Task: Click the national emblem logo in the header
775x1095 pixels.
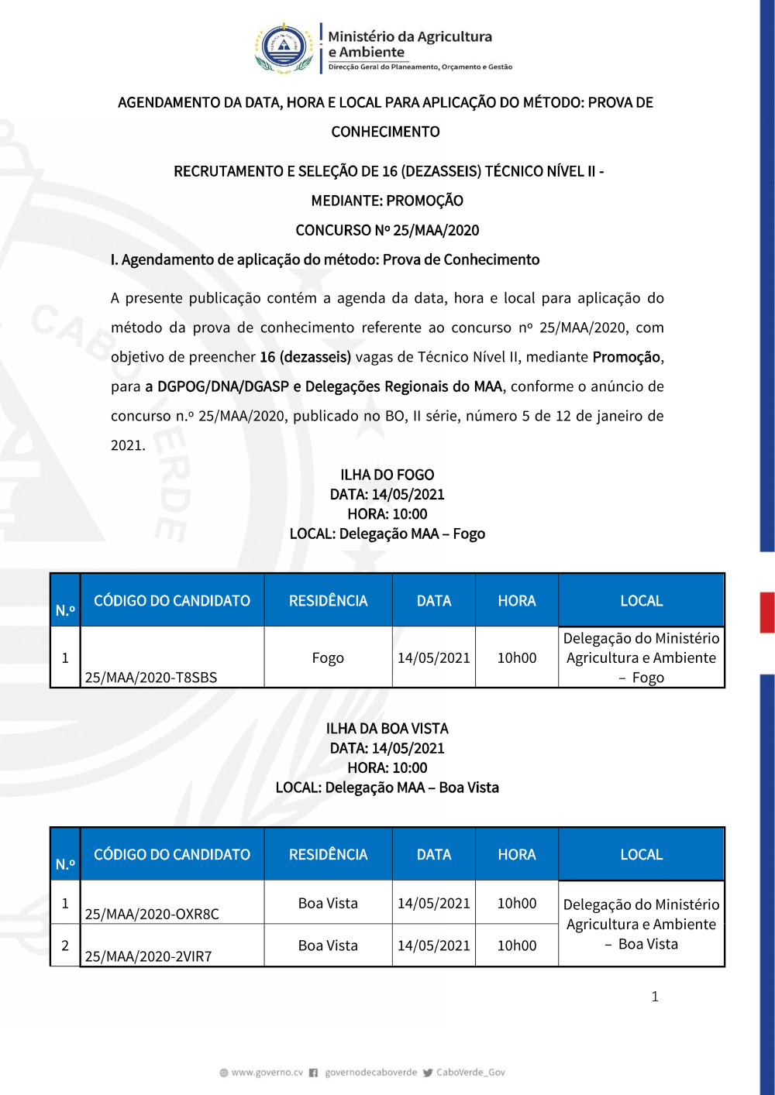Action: point(284,48)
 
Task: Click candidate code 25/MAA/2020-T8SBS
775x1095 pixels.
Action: point(151,677)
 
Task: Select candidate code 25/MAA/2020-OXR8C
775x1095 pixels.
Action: point(152,914)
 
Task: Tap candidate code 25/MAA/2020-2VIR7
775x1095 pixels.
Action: point(148,956)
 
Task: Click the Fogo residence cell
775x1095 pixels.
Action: point(328,657)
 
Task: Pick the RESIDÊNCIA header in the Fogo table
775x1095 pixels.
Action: point(328,601)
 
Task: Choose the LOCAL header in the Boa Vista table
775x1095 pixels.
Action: point(641,854)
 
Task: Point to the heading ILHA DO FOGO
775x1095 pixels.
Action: point(387,475)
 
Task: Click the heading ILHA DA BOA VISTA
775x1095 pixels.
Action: point(387,729)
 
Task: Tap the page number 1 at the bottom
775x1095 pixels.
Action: point(655,997)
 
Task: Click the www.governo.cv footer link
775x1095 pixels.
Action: point(267,1073)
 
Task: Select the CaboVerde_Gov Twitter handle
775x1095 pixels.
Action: point(470,1073)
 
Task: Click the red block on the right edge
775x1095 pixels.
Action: point(766,613)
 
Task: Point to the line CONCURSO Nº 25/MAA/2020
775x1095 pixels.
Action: point(387,230)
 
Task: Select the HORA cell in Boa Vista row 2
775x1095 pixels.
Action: point(516,946)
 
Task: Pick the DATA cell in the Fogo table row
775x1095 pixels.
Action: point(433,657)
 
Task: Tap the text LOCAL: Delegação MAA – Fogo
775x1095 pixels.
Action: point(387,534)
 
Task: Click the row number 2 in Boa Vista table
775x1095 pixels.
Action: point(65,946)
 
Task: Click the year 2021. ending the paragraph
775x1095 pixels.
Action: point(128,445)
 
